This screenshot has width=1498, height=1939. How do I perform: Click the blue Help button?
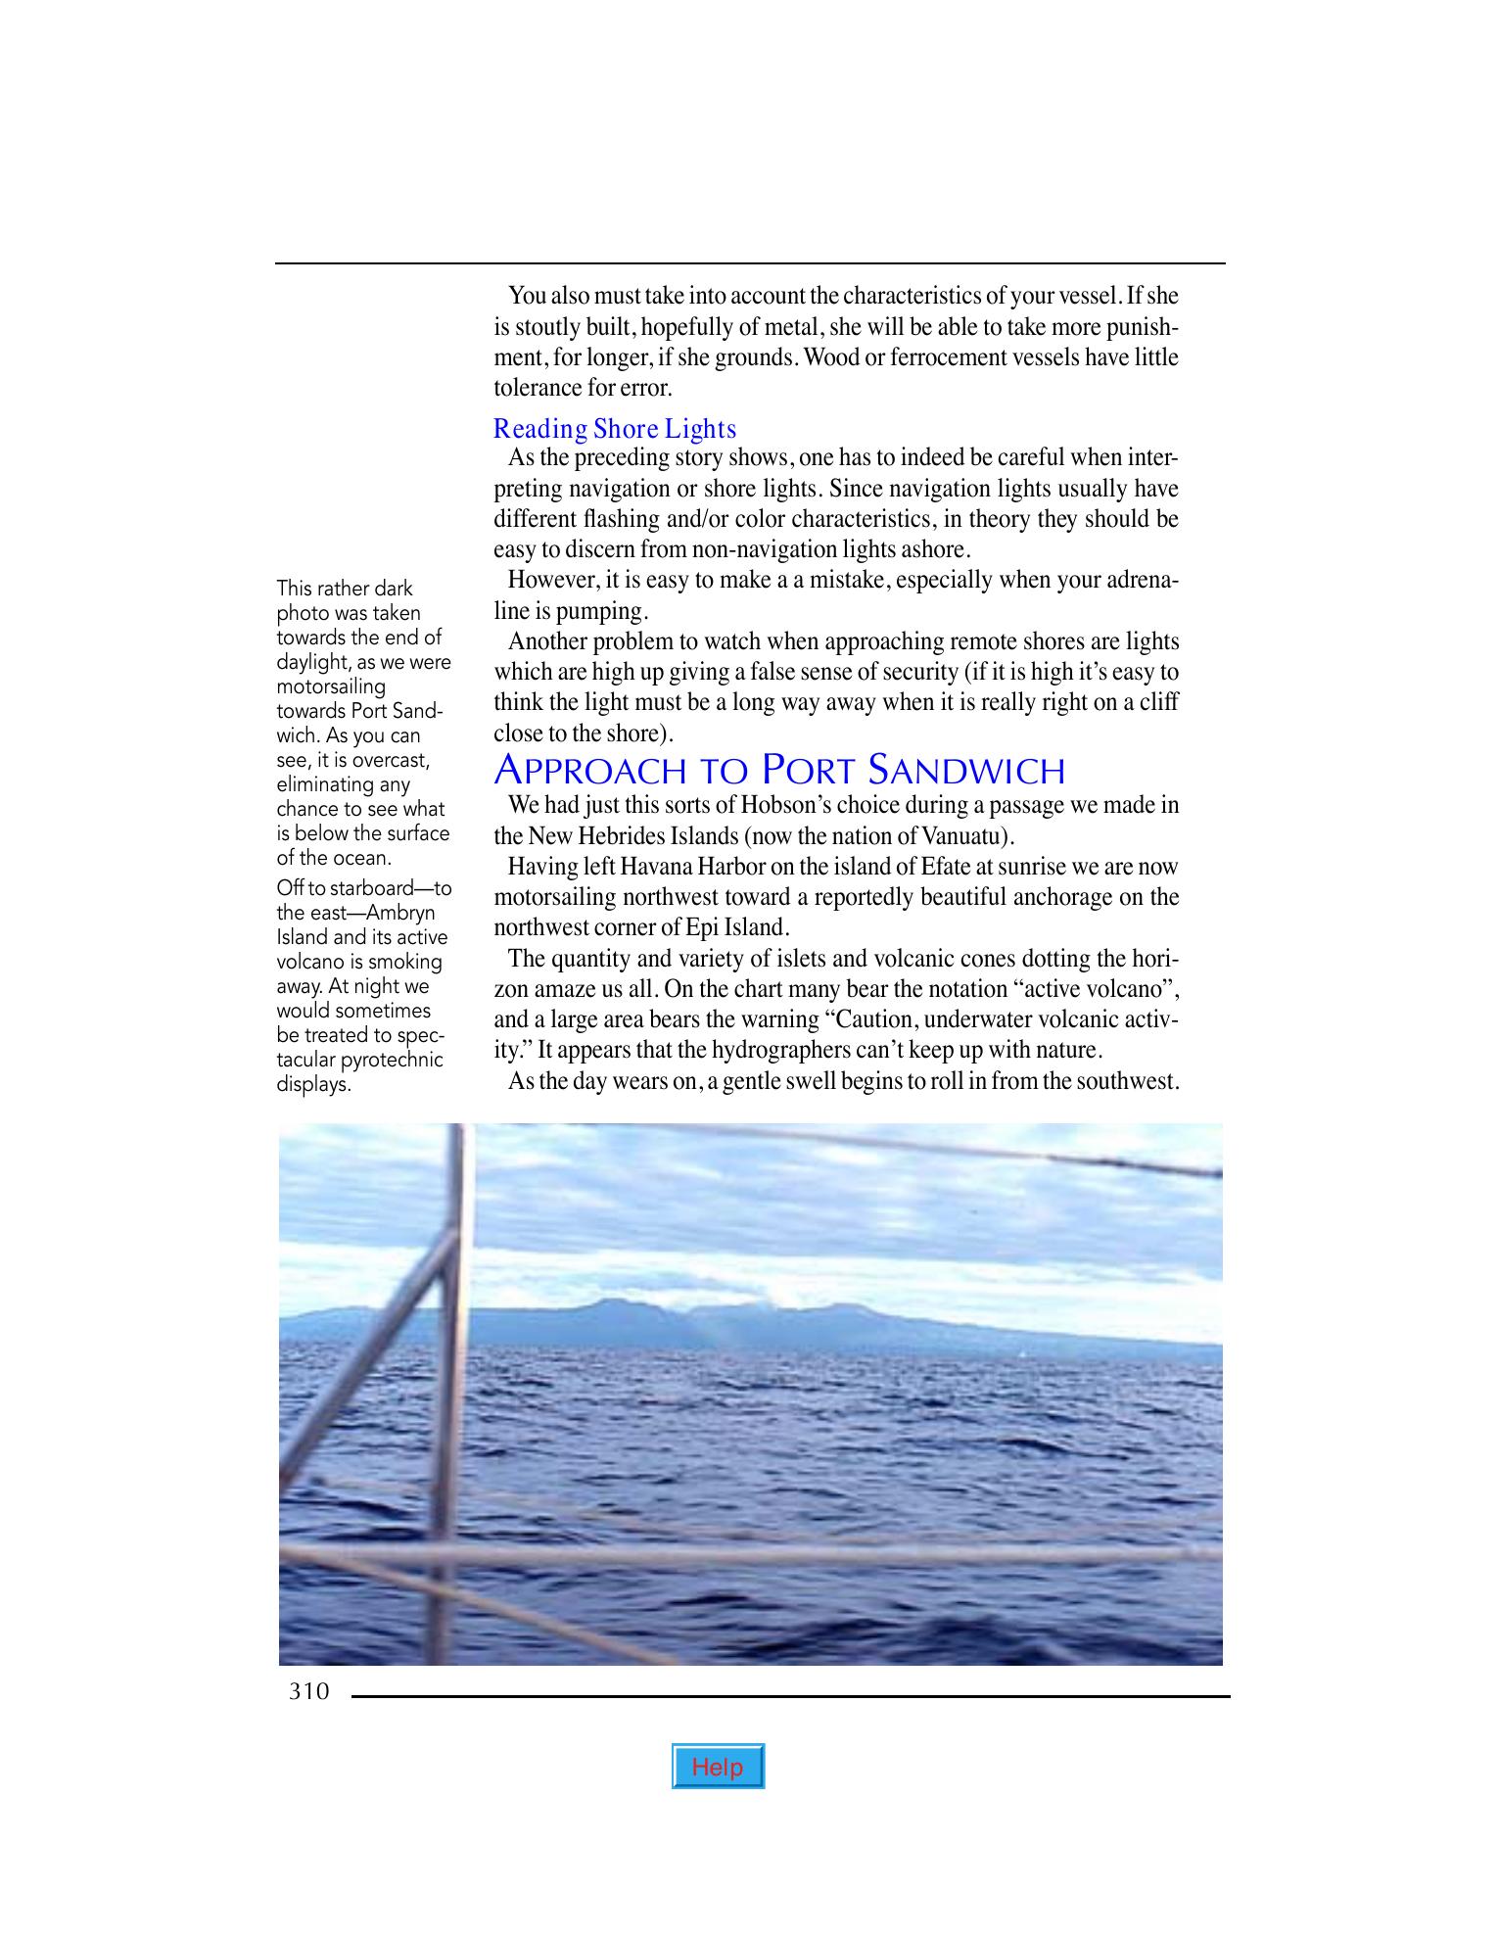coord(718,1767)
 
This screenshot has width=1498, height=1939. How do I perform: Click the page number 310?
coord(308,1691)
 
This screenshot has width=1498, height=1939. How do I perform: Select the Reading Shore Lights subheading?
coord(614,429)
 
